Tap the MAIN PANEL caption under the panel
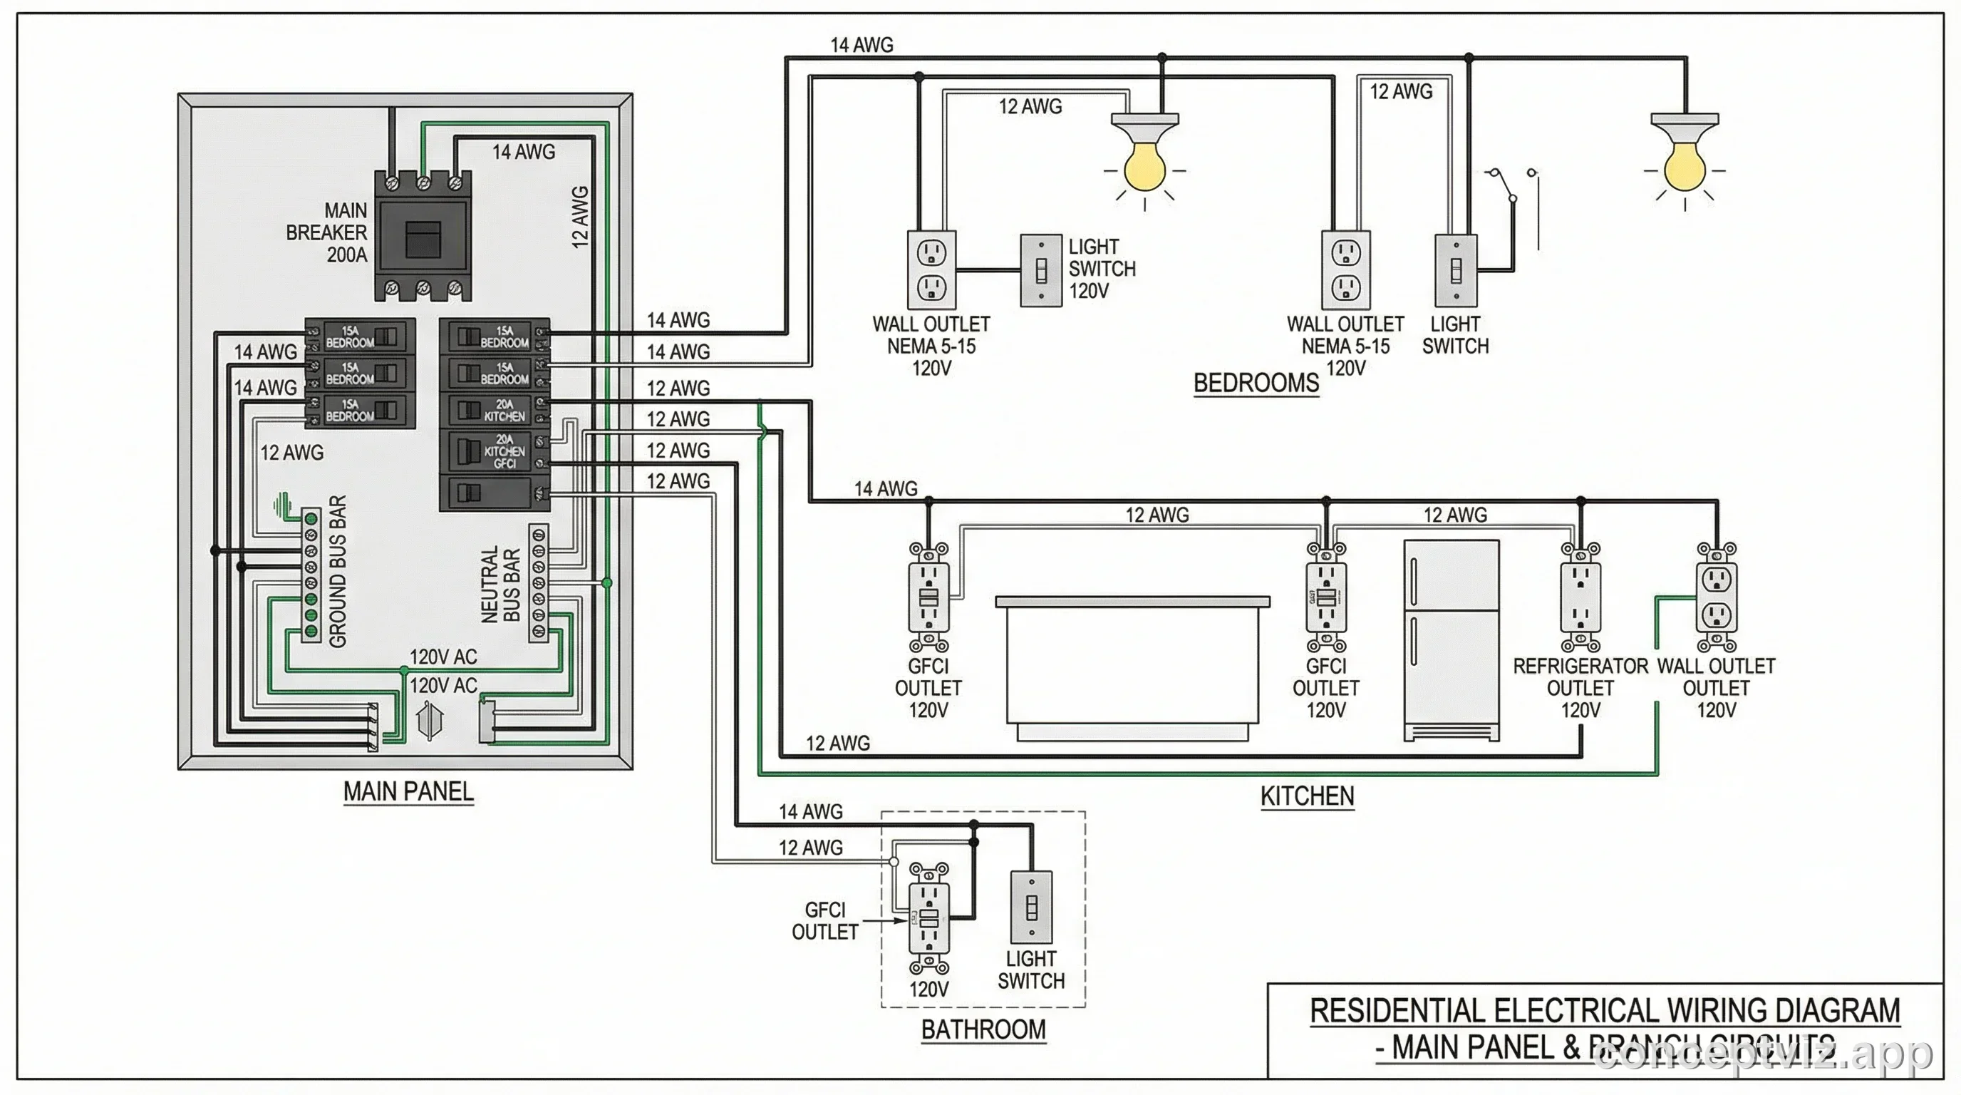coord(408,791)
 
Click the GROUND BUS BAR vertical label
coord(338,571)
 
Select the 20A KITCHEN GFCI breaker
coord(495,451)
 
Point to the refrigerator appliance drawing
coord(1451,639)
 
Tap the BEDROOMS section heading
coord(1256,382)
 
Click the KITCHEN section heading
coord(1306,796)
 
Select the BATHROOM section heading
coord(983,1029)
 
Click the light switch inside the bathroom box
coord(1032,908)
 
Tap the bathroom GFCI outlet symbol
coord(928,917)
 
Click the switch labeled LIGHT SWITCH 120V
coord(1040,270)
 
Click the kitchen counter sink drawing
coord(1132,667)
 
